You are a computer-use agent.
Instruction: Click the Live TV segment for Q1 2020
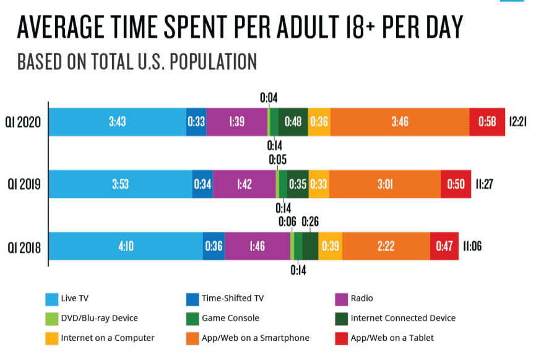[117, 122]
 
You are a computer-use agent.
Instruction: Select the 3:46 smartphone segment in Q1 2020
[400, 122]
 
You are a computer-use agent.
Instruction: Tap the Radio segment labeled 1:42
[244, 184]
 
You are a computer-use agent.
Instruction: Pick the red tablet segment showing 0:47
[444, 246]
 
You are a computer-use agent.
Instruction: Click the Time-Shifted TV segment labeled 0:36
[214, 246]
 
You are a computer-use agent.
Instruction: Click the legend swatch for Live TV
[52, 299]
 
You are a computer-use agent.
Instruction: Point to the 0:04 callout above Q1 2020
[269, 97]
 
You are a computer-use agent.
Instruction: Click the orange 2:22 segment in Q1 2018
[386, 246]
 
